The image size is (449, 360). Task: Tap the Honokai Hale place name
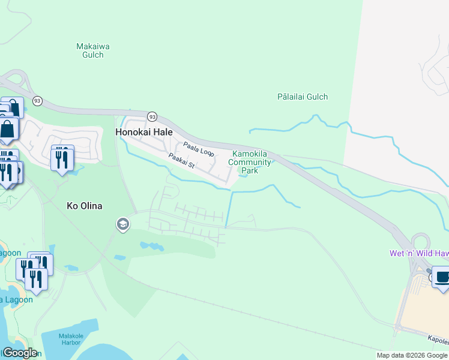tap(144, 132)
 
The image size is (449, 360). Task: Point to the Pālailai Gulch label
tap(303, 97)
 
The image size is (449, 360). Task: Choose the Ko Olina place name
tap(84, 206)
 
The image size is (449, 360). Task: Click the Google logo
tap(19, 353)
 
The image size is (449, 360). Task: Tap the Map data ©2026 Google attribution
tap(412, 355)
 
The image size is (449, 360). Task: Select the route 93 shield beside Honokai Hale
tap(152, 116)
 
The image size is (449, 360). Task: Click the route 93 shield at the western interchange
tap(38, 101)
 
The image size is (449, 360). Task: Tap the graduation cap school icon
tap(123, 224)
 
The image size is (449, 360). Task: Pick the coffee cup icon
tap(442, 277)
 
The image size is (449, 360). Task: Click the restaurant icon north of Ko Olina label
tap(62, 158)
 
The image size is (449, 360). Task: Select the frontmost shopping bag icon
tap(8, 129)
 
